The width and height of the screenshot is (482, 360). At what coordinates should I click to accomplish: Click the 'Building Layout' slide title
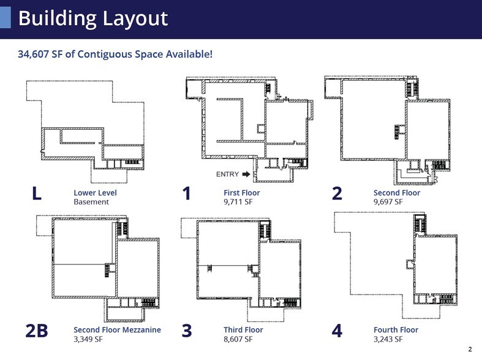pos(92,18)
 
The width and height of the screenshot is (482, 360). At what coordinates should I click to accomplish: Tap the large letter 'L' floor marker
pos(37,194)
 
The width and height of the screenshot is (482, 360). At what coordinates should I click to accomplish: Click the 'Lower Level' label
pos(95,193)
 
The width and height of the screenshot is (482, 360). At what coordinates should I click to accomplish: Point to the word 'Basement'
pos(91,201)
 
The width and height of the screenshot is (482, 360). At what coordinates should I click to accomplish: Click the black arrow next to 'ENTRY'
pos(246,174)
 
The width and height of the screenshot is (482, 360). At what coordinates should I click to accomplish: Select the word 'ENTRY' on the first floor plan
pos(228,174)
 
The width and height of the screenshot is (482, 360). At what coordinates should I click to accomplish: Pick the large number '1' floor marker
pos(187,194)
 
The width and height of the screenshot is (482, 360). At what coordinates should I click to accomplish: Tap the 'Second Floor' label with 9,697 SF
pos(396,193)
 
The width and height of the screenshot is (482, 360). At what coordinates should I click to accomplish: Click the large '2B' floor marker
pos(37,331)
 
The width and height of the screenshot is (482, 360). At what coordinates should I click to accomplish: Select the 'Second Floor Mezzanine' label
pos(117,330)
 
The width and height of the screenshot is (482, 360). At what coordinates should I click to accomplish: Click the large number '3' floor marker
pos(187,331)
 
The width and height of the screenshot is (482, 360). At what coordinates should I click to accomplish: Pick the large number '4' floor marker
pos(337,331)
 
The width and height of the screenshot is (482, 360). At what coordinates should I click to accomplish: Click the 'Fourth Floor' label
pos(396,330)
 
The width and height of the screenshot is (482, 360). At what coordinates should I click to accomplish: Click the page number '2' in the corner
pos(470,350)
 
